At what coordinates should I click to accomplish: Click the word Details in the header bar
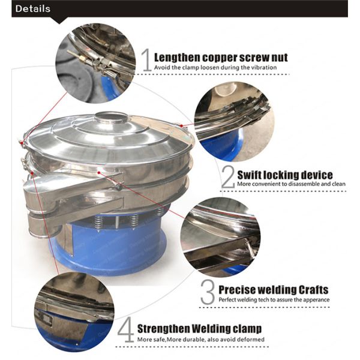[33, 9]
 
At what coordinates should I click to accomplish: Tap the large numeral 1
[146, 59]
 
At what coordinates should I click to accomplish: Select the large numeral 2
[228, 177]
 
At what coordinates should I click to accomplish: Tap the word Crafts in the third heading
[313, 290]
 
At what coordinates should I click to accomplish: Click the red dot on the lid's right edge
[181, 125]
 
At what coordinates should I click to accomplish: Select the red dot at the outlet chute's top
[99, 172]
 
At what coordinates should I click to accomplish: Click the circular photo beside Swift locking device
[234, 121]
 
